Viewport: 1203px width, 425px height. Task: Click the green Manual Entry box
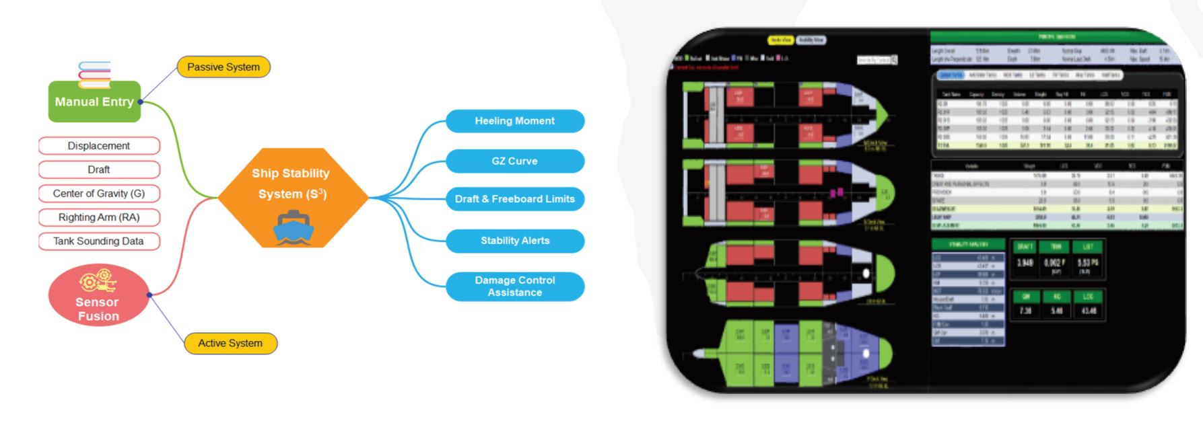[94, 102]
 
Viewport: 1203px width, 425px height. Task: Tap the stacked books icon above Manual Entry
[94, 74]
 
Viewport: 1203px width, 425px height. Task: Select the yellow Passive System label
[224, 67]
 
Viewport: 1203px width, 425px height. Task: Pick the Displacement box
[99, 146]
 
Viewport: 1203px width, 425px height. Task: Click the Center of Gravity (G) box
[99, 194]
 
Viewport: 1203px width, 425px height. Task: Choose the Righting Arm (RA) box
[99, 217]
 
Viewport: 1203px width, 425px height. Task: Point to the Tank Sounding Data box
[99, 241]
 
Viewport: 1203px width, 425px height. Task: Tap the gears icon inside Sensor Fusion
[98, 281]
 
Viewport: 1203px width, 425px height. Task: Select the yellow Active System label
[230, 344]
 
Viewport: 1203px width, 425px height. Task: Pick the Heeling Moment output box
[515, 121]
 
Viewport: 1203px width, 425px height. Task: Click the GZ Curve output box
[515, 161]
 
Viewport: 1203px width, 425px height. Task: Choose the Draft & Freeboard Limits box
[515, 199]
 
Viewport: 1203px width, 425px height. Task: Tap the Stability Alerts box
[515, 241]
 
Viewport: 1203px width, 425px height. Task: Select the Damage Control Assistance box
[515, 286]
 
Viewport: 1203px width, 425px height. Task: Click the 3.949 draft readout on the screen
[1025, 263]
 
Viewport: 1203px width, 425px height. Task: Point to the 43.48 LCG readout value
[1089, 311]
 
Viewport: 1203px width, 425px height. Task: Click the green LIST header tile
[1088, 246]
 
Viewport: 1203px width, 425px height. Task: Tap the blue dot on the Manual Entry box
[140, 102]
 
